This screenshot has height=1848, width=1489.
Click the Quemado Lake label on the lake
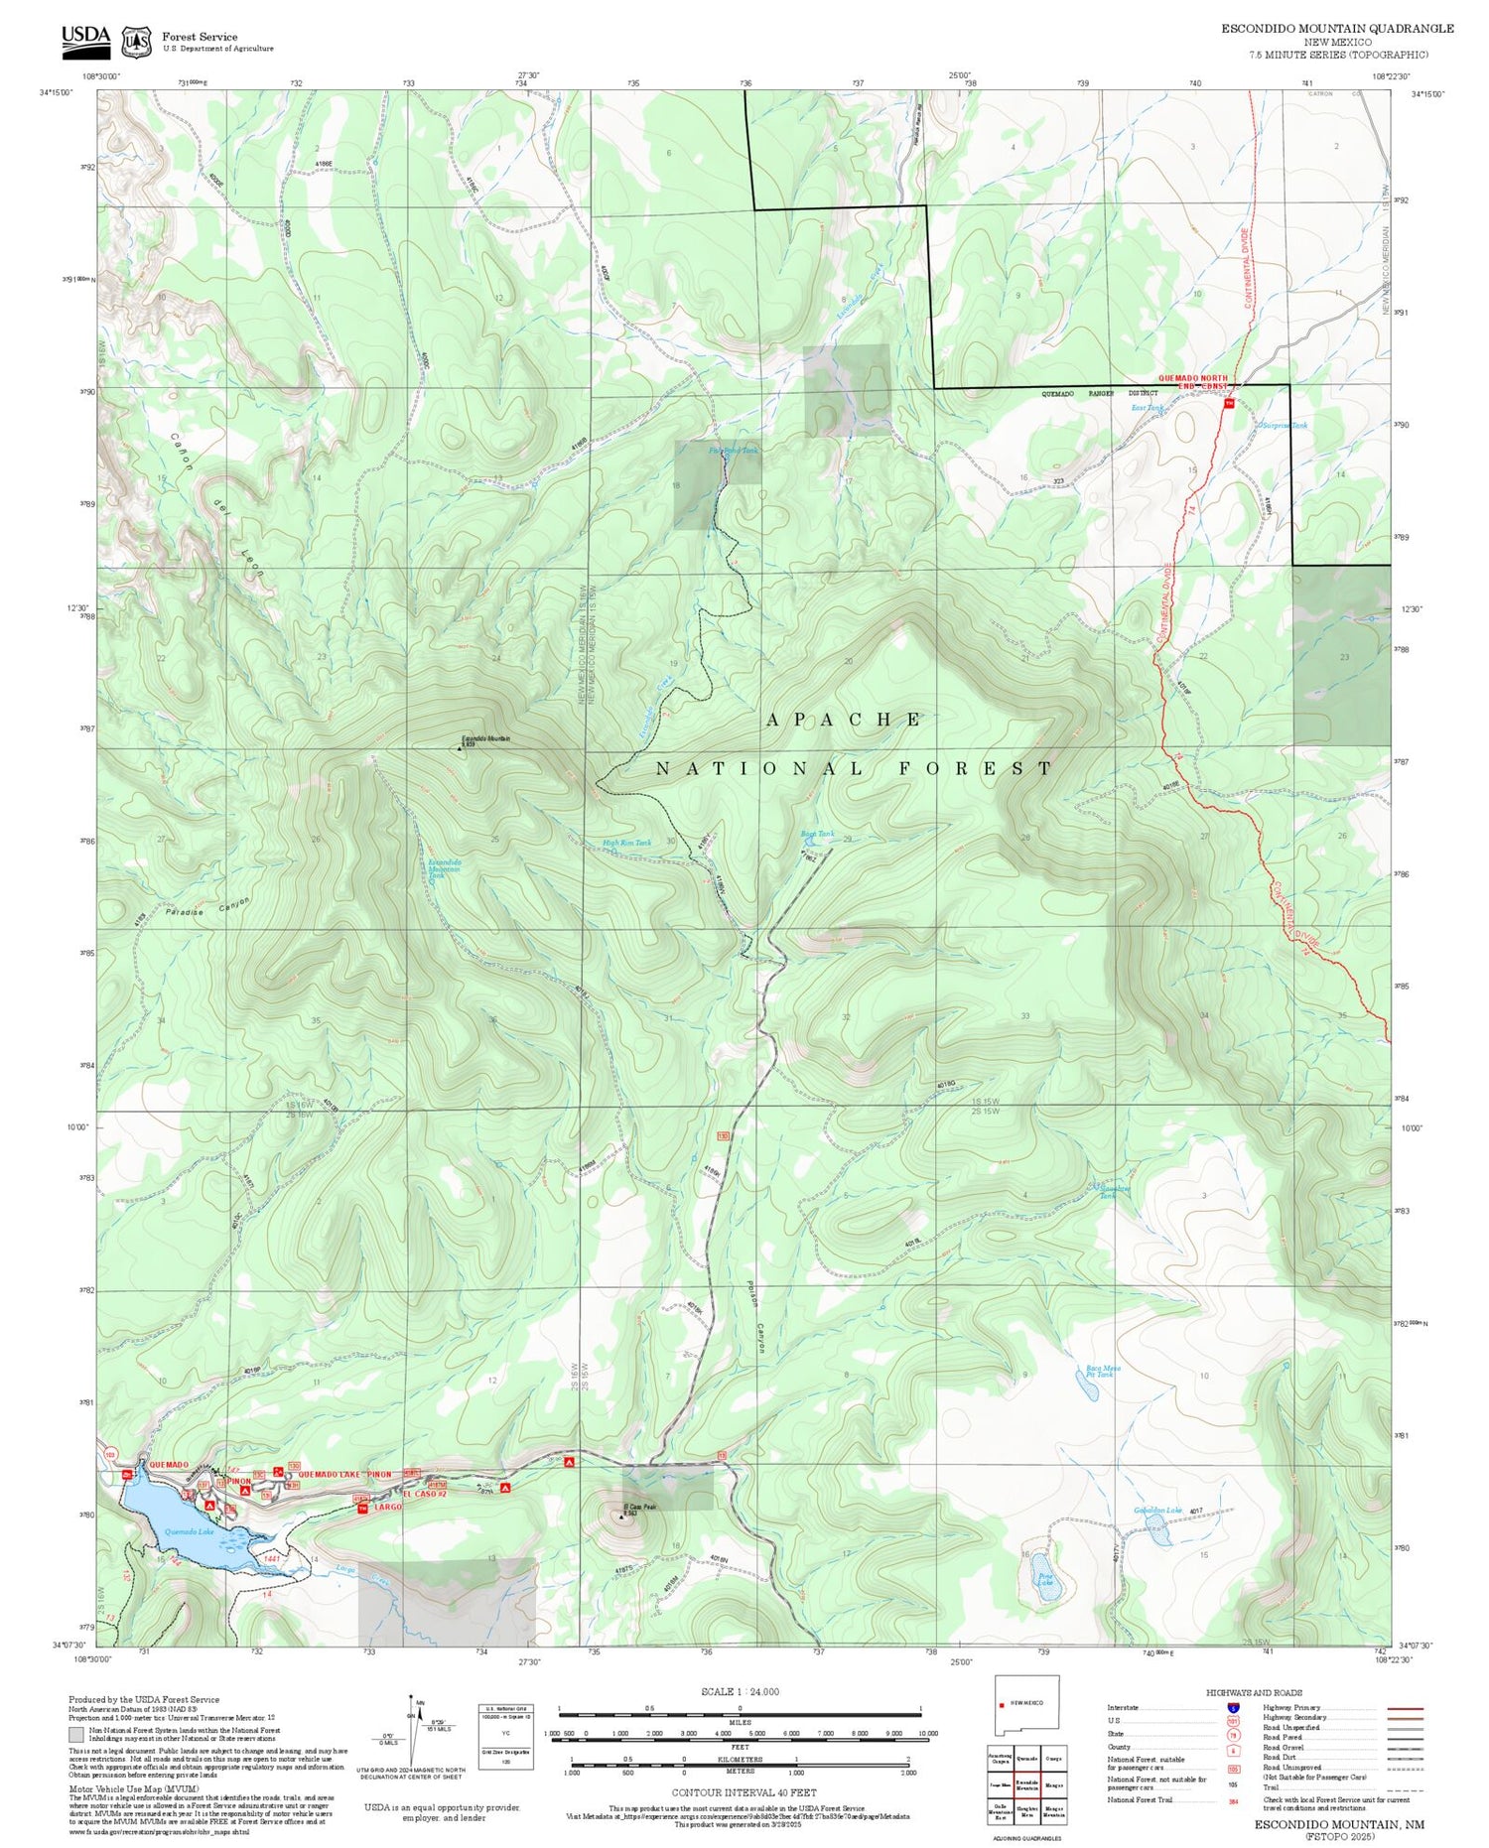coord(189,1531)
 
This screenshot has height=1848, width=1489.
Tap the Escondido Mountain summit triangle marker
coord(460,748)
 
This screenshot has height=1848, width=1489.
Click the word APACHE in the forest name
coord(844,720)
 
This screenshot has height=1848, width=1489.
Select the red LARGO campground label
coord(387,1507)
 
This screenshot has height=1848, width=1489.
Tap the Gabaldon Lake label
coord(1156,1511)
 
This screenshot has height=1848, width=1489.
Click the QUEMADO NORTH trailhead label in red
coord(1192,378)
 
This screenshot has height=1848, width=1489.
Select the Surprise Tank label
coord(1285,425)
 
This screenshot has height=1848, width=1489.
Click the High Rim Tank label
coord(626,843)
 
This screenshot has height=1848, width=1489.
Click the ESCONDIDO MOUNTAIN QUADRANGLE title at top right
coord(1336,28)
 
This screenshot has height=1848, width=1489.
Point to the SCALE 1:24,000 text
coord(740,1691)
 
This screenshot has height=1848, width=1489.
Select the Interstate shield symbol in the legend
coord(1233,1707)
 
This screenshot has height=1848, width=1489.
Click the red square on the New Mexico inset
coord(1002,1706)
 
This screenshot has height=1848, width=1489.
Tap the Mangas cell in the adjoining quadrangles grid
coord(1053,1783)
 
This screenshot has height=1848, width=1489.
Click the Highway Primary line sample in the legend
coord(1400,1708)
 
